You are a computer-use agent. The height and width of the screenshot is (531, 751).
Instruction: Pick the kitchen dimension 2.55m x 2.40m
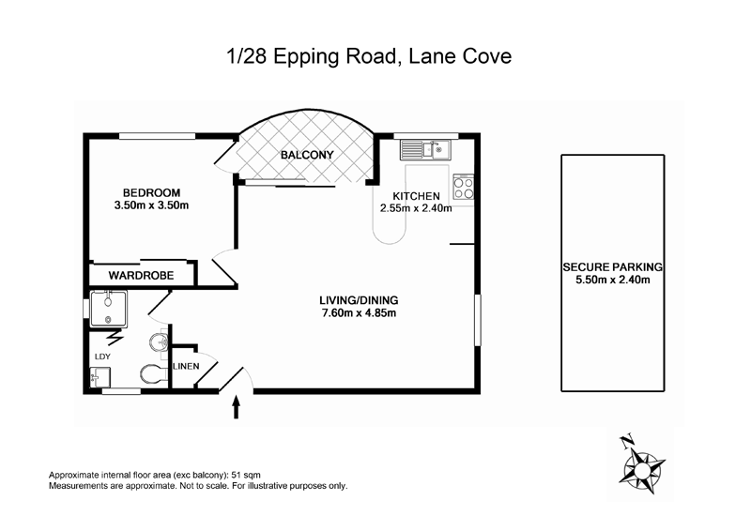coord(416,208)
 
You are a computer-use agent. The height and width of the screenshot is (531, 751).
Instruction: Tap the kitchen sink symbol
coord(424,148)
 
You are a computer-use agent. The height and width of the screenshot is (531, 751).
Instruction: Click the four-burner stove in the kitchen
coord(463,187)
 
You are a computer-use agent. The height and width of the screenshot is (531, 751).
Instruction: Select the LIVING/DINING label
coord(360,300)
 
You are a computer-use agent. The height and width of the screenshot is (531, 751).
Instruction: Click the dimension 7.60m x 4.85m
coord(360,313)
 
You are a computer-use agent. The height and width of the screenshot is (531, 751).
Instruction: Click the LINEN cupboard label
coord(185,366)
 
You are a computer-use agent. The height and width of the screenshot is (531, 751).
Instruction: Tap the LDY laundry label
coord(101,357)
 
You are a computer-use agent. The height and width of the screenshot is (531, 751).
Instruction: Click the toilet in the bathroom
coord(151,375)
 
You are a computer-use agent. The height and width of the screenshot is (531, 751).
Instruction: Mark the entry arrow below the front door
coord(235,406)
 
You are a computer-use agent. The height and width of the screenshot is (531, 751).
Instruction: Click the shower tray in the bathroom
coord(109,307)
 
